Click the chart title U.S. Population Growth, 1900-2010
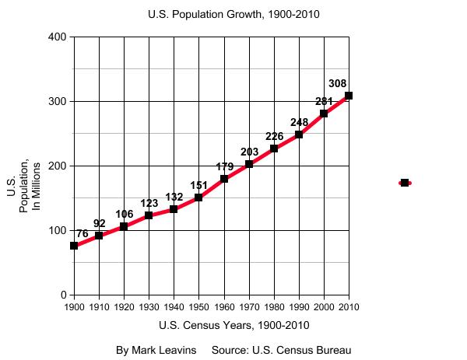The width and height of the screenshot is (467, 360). pyautogui.click(x=233, y=14)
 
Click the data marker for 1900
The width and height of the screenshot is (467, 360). pyautogui.click(x=74, y=246)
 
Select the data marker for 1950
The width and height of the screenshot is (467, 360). pyautogui.click(x=198, y=197)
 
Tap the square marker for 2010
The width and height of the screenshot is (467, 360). pyautogui.click(x=349, y=96)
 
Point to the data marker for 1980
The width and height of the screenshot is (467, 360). pyautogui.click(x=274, y=149)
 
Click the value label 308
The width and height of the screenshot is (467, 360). pyautogui.click(x=337, y=83)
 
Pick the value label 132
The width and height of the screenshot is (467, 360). pyautogui.click(x=174, y=197)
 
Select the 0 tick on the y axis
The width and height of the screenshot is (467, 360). pyautogui.click(x=62, y=295)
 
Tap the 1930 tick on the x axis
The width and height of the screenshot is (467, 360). pyautogui.click(x=149, y=307)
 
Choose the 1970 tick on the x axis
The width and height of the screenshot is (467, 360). pyautogui.click(x=249, y=307)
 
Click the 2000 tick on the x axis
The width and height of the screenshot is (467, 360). pyautogui.click(x=324, y=307)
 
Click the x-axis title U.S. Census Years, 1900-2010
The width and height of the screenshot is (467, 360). pyautogui.click(x=233, y=325)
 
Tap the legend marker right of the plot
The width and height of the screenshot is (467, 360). pyautogui.click(x=405, y=183)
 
